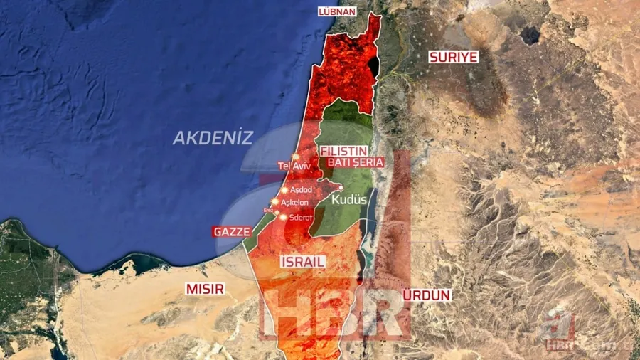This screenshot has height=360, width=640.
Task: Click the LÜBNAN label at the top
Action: (336, 12)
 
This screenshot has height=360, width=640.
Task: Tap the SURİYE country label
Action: (453, 57)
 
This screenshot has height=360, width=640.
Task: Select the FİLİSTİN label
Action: (343, 151)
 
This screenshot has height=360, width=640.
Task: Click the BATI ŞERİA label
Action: (355, 162)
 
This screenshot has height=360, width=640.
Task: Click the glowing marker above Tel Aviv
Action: (295, 156)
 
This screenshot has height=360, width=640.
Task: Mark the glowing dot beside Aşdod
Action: (284, 190)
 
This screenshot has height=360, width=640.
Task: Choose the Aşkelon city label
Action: (295, 202)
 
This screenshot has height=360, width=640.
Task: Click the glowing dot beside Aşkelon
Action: (274, 202)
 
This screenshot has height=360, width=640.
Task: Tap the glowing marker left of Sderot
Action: (283, 217)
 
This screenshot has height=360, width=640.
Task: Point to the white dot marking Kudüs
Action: (341, 188)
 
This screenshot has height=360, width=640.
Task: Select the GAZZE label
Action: (232, 232)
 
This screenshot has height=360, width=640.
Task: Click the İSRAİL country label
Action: (303, 261)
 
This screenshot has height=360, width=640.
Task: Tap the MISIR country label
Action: (205, 289)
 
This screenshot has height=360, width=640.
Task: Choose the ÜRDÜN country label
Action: (427, 295)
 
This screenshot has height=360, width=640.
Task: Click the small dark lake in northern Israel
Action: (373, 66)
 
